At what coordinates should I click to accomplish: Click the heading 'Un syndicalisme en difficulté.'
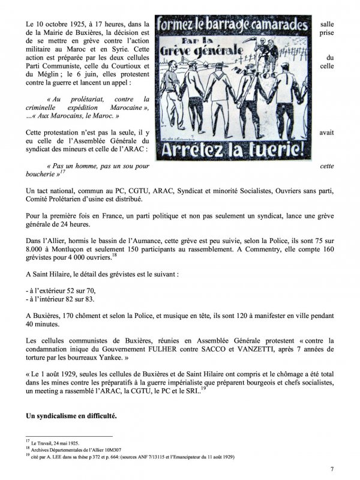[71, 416]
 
